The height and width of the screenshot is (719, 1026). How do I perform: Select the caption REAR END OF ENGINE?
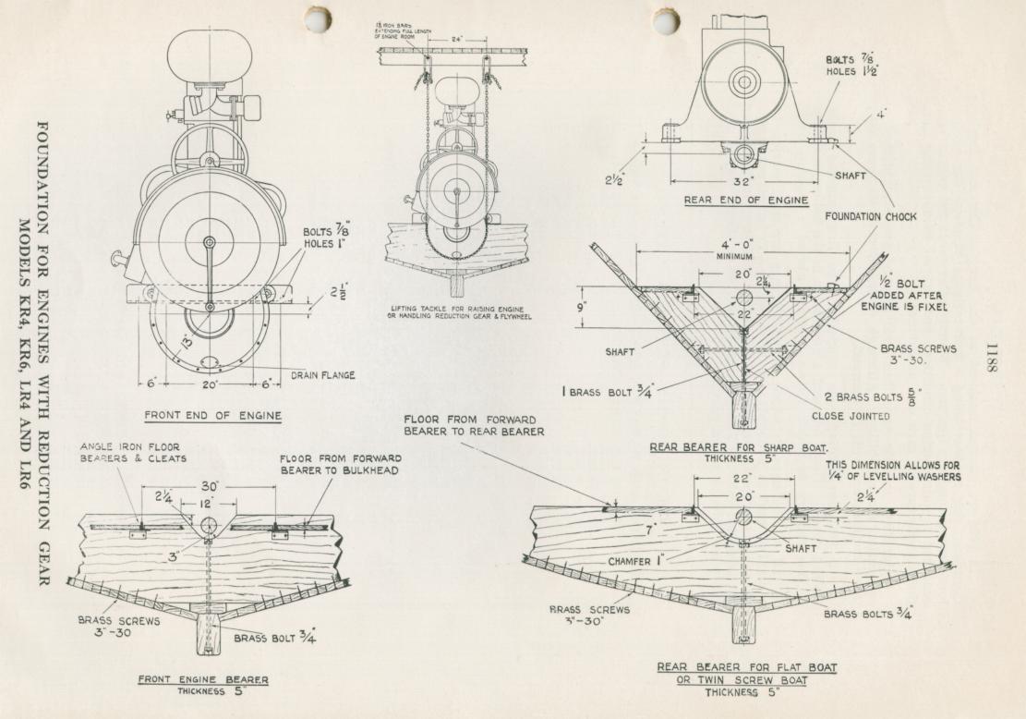746,200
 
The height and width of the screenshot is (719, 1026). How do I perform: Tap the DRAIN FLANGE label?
323,375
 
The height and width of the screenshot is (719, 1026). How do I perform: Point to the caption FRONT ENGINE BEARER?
204,679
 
